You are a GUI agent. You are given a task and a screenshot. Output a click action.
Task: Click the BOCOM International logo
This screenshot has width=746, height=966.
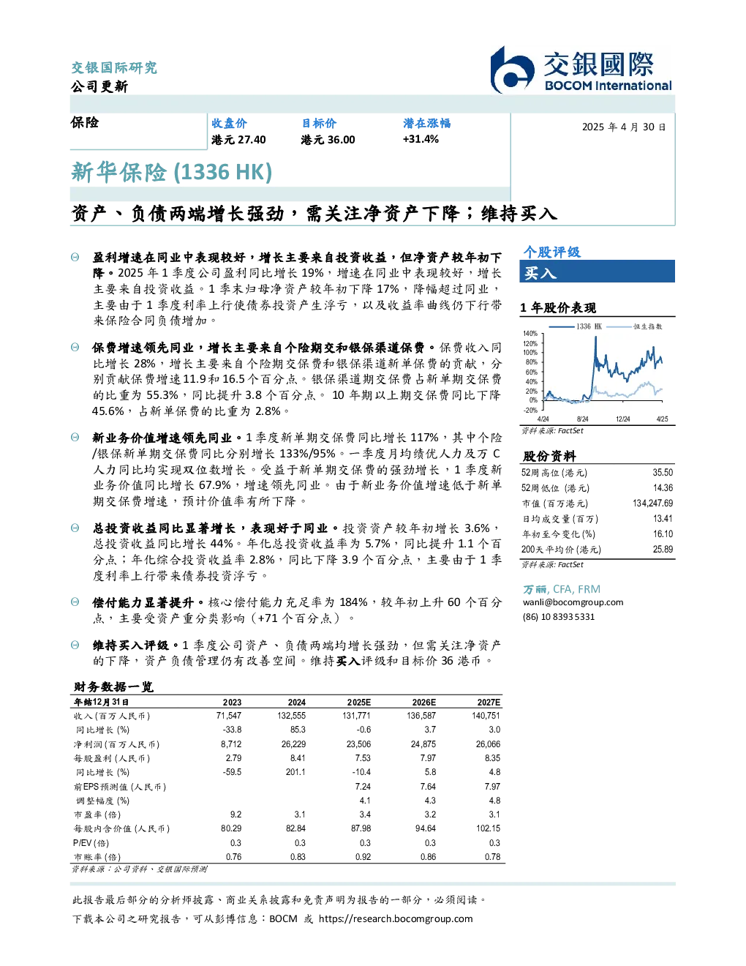tap(581, 70)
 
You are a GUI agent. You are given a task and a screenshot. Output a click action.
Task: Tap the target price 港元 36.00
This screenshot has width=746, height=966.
tap(328, 140)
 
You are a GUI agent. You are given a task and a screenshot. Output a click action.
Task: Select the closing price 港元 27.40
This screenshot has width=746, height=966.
tap(238, 140)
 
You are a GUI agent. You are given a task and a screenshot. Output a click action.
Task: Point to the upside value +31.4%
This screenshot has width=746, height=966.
tap(421, 139)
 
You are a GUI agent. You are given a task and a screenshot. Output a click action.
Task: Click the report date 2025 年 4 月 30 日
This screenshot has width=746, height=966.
tap(624, 127)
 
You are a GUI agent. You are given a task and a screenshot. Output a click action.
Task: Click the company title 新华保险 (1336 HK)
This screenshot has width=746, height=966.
tap(171, 172)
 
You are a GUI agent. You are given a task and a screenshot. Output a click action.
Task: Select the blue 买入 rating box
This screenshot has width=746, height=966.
tap(597, 272)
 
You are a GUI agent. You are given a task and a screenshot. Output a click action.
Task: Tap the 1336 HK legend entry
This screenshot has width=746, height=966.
tap(576, 326)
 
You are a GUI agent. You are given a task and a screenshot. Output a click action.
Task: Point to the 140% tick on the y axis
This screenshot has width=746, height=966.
tap(530, 334)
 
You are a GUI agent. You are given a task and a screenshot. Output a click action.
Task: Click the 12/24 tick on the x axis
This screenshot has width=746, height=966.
tap(622, 419)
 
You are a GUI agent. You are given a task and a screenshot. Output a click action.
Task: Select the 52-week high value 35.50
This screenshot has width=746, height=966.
tap(663, 472)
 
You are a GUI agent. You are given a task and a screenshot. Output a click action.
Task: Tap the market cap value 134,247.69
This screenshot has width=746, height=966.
tap(652, 503)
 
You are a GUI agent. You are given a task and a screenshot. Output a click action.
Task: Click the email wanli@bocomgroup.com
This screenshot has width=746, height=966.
tap(573, 602)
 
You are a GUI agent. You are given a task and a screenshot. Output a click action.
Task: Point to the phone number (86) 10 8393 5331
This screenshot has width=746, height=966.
tap(559, 617)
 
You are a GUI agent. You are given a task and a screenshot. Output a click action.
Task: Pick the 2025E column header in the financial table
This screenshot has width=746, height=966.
tap(358, 702)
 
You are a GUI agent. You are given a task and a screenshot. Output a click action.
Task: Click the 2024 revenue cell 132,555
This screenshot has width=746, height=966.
tap(292, 715)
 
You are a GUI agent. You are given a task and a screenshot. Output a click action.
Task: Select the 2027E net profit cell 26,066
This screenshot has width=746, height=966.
tap(488, 744)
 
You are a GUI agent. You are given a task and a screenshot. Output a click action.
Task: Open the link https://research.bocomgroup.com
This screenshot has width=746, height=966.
tap(396, 918)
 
